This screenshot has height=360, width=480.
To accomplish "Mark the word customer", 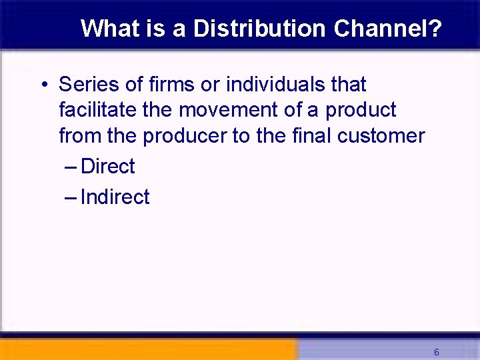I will tap(381, 136).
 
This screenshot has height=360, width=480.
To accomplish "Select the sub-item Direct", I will tap(107, 166).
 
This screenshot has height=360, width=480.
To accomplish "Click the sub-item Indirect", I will tap(115, 197).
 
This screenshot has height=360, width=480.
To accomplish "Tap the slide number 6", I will tap(437, 352).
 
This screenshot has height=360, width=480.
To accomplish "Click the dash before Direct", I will tap(71, 167).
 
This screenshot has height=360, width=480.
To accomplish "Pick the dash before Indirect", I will tap(71, 197).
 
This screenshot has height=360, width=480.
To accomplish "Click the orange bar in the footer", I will tap(147, 349).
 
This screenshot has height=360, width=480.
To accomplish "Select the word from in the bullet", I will tap(80, 136).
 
